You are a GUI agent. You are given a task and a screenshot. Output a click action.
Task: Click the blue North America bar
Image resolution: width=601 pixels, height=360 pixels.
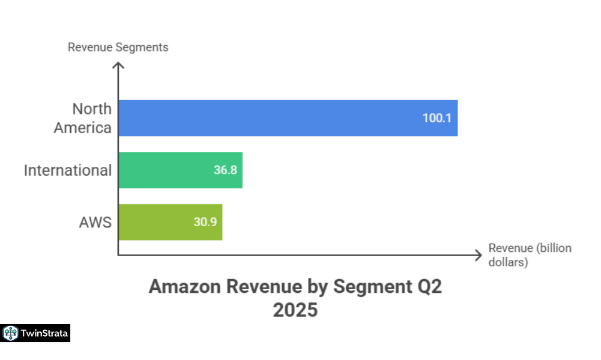coord(288,118)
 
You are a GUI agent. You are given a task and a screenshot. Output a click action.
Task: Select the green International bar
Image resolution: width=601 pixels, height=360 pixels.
coord(180,170)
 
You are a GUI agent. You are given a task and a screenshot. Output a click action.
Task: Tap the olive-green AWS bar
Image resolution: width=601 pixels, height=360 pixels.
coord(171,222)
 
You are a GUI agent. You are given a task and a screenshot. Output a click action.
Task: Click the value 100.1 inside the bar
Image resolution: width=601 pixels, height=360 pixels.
coord(436,118)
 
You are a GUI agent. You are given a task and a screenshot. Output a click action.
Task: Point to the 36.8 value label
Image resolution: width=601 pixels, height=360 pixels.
coord(225,170)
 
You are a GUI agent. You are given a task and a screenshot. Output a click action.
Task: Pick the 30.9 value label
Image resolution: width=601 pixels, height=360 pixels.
coord(205,222)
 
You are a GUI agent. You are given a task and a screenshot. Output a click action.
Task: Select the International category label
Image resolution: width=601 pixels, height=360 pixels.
coord(68,170)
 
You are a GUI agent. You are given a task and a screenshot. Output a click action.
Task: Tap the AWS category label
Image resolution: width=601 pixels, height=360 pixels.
coord(95,222)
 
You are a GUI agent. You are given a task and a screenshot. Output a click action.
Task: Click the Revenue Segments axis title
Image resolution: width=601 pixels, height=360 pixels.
coord(118,47)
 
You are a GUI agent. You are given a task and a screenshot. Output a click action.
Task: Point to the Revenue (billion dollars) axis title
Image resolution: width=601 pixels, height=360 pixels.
coord(530,255)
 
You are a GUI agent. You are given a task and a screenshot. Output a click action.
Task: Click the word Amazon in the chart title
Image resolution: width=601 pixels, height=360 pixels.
coord(184,287)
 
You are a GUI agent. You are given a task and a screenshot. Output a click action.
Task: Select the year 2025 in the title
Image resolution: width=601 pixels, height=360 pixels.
coord(295,310)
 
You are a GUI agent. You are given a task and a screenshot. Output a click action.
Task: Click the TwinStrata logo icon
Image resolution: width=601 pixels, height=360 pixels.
coord(11,333)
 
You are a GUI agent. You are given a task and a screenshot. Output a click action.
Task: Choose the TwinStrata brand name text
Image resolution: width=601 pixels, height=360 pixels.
coord(44,333)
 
